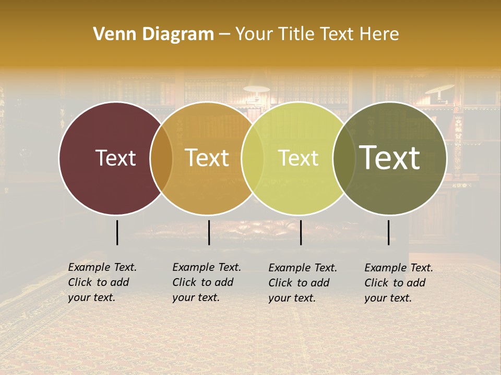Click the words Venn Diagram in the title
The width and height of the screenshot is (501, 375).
153,34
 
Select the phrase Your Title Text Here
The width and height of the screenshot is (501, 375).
317,34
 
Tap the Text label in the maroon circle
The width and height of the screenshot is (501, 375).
115,158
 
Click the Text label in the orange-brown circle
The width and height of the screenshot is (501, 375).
207,158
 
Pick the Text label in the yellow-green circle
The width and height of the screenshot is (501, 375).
299,158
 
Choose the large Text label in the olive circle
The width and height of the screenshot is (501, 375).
390,157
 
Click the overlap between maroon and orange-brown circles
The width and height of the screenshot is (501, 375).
161,158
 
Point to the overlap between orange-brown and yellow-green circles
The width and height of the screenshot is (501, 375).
253,158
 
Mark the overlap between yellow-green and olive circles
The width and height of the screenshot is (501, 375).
344,158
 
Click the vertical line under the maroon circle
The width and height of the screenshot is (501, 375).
117,232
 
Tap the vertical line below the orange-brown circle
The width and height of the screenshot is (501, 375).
209,232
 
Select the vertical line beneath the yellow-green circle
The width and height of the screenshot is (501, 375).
301,232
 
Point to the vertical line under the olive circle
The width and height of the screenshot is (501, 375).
388,232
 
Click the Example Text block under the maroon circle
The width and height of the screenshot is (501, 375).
102,282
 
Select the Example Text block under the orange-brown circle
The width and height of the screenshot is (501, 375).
207,282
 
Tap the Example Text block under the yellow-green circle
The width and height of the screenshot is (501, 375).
303,283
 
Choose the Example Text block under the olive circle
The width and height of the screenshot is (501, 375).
399,283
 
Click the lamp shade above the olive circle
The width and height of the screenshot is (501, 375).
439,89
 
